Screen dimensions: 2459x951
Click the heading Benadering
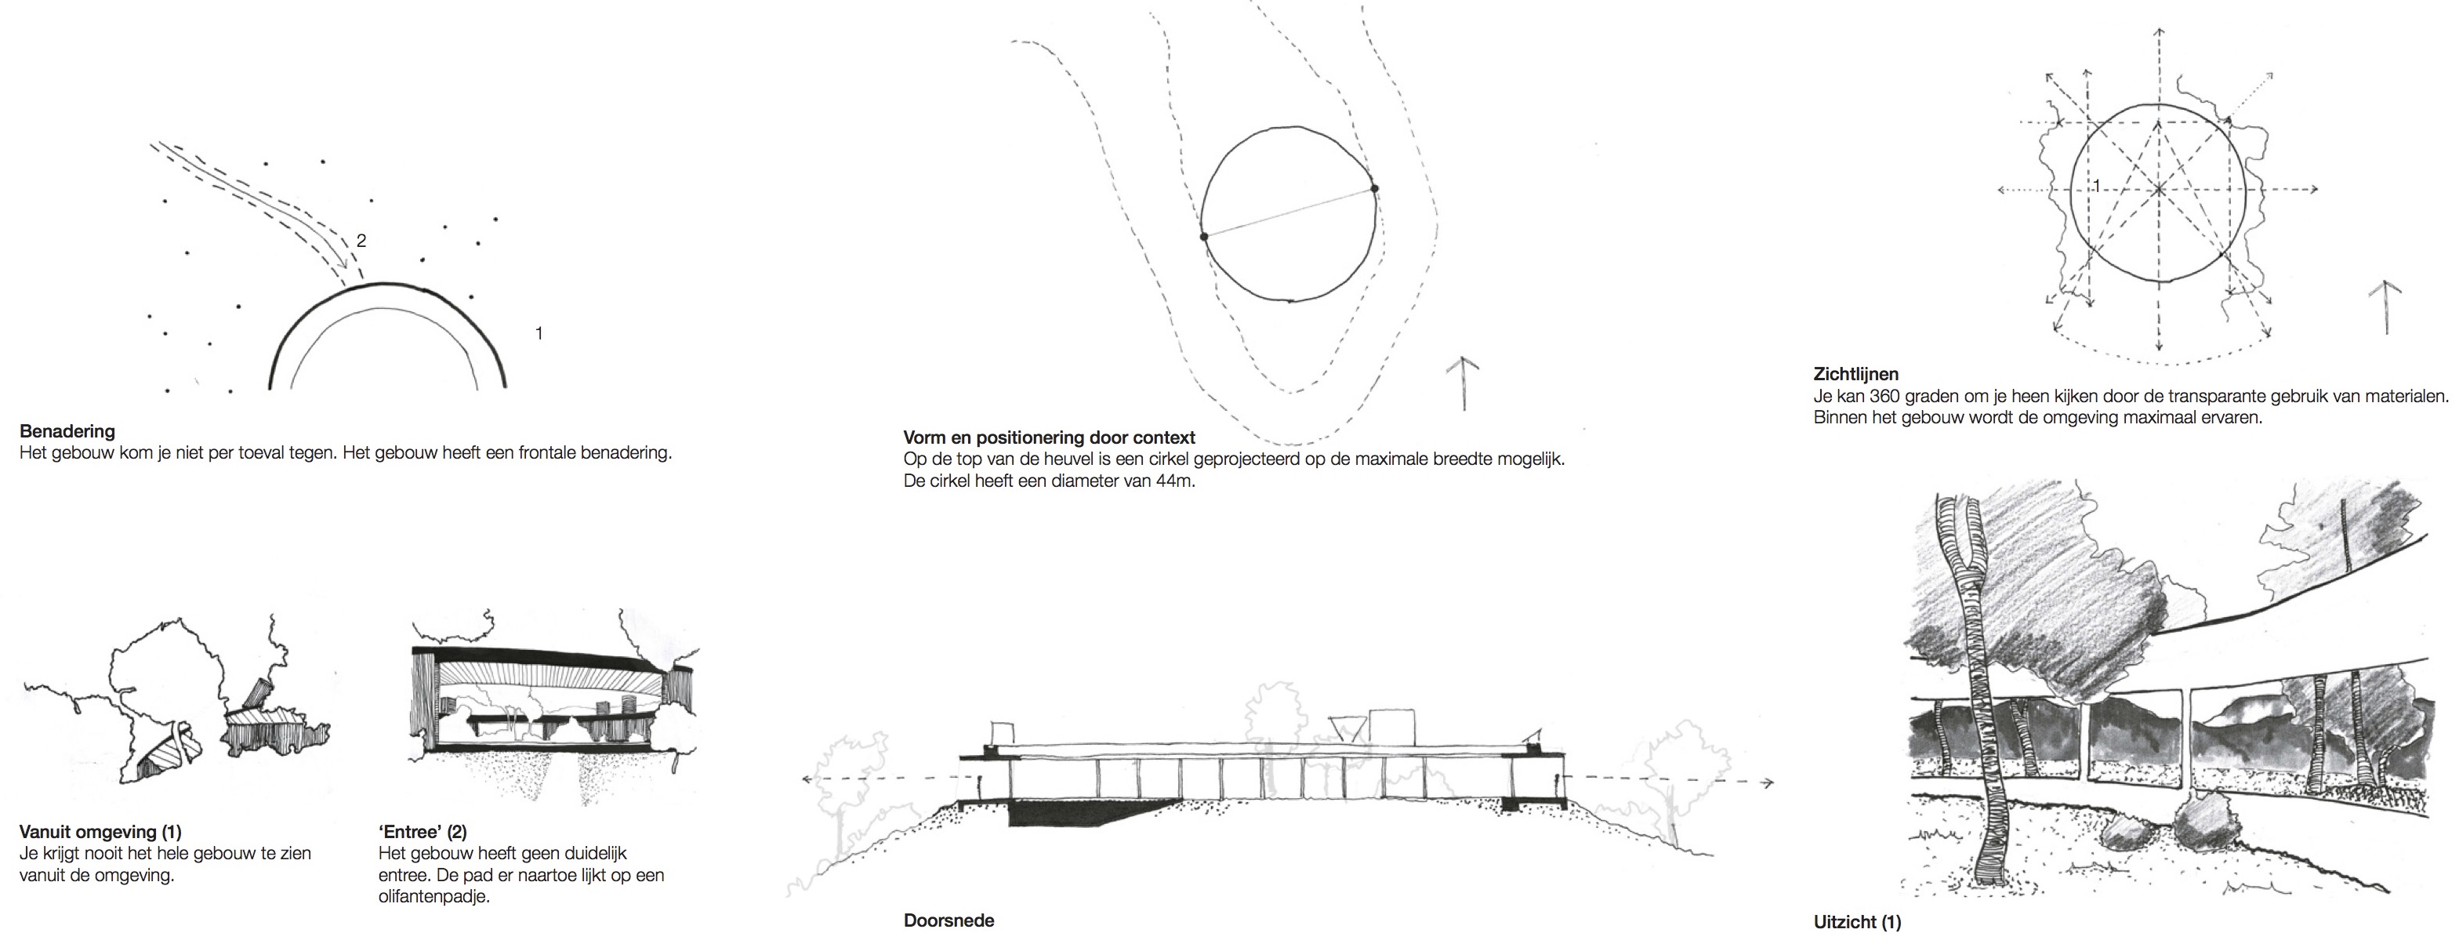click(x=67, y=431)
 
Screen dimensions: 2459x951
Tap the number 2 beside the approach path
click(x=361, y=241)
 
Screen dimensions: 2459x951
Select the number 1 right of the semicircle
click(x=539, y=333)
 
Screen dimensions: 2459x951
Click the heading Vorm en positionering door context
click(x=1049, y=438)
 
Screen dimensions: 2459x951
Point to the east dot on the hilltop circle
click(x=1375, y=188)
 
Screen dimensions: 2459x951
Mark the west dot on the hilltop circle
click(x=1204, y=236)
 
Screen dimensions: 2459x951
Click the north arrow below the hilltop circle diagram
click(x=1464, y=382)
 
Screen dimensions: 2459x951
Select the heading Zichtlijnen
click(x=1855, y=374)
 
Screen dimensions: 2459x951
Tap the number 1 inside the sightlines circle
click(x=2096, y=185)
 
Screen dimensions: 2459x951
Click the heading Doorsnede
click(x=948, y=920)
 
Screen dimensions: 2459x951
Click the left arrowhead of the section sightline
click(x=807, y=779)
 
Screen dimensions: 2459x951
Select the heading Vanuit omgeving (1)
click(x=100, y=833)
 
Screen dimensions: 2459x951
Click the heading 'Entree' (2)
click(x=423, y=833)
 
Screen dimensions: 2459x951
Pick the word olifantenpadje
click(x=434, y=897)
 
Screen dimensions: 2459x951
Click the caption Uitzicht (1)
click(x=1857, y=922)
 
